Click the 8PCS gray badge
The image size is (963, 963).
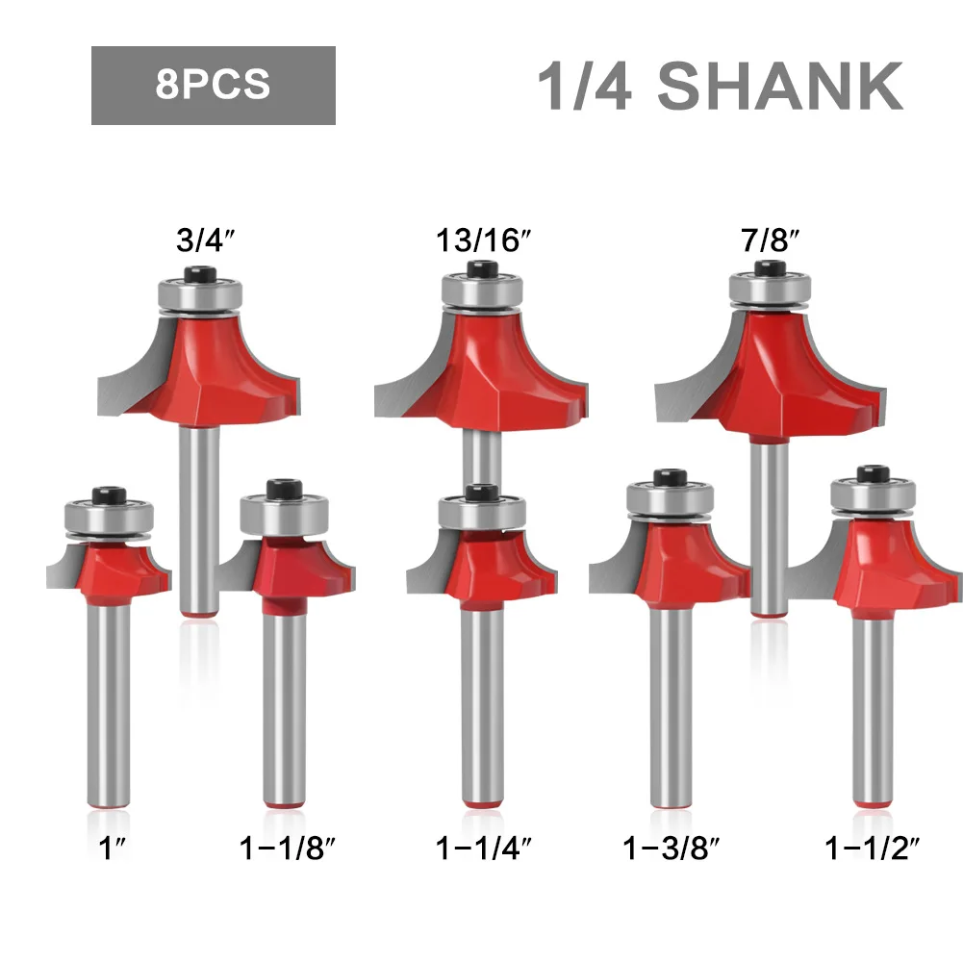213,86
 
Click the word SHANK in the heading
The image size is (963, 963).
779,87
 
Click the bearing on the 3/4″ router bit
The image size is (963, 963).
198,292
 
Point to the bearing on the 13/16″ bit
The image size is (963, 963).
482,292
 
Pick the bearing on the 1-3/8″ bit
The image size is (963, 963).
670,500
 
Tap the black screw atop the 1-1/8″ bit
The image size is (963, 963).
286,489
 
